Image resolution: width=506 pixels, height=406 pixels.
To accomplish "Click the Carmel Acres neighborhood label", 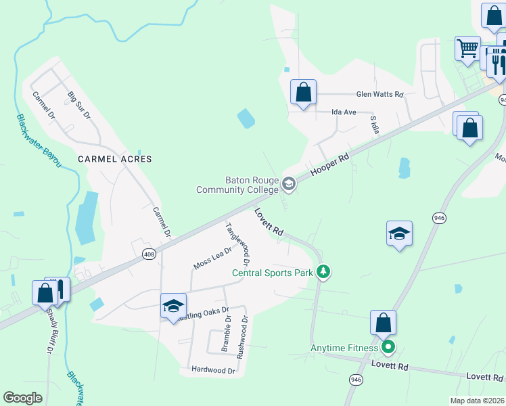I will tap(114, 159).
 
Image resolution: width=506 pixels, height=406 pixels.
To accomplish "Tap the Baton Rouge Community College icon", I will tap(289, 184).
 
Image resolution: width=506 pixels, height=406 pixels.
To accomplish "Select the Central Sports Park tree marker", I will tap(324, 272).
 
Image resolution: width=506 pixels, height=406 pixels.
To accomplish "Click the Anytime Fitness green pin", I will tap(388, 348).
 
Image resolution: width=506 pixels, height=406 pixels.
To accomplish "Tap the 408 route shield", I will tap(149, 253).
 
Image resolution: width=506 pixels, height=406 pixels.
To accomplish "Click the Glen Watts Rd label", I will tap(379, 95).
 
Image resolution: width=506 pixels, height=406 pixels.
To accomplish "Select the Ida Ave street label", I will tap(344, 112).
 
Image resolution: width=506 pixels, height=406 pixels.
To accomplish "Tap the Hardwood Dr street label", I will tap(213, 370).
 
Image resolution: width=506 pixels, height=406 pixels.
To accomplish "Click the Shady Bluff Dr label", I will tap(49, 332).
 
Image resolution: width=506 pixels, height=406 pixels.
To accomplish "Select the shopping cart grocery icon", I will tap(467, 49).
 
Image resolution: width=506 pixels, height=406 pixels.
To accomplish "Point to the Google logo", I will tap(22, 397).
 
